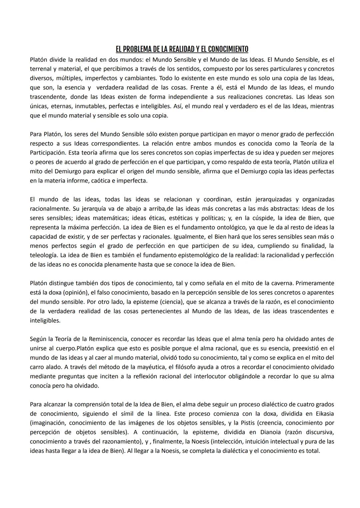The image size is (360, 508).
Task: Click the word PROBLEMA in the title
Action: point(137,49)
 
